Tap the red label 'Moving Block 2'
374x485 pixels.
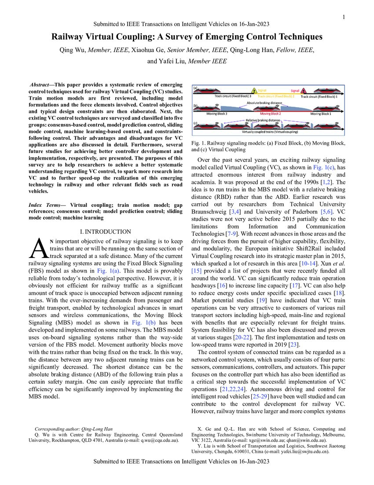tap(268, 114)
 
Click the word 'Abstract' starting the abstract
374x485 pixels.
tap(41, 84)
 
